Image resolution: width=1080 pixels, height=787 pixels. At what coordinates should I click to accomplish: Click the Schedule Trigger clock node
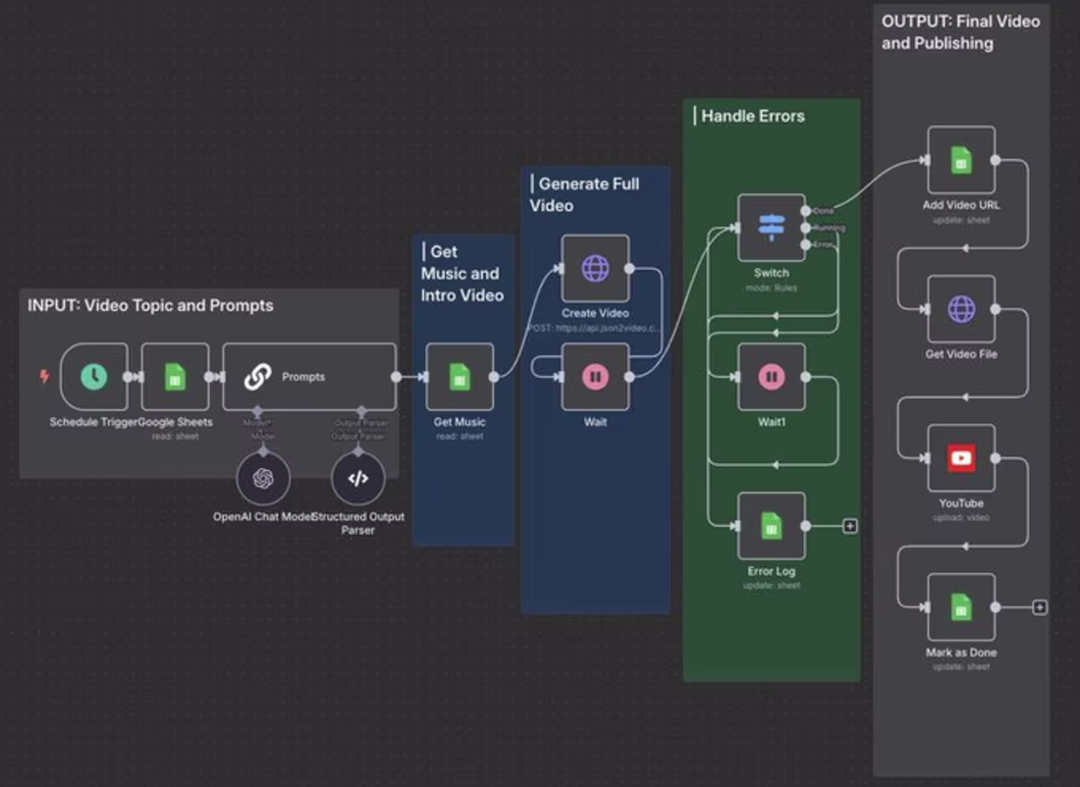(x=94, y=377)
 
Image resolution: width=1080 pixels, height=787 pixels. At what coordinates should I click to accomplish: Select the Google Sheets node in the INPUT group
(x=175, y=377)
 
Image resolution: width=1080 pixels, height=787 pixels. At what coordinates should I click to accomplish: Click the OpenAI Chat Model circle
(x=262, y=479)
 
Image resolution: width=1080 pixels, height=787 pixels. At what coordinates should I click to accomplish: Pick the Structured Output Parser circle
(x=358, y=479)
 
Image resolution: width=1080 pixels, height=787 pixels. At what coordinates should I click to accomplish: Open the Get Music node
(x=459, y=377)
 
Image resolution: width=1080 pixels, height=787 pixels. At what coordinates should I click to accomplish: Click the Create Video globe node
(x=595, y=268)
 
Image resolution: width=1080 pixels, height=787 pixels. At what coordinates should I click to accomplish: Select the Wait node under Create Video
(x=595, y=377)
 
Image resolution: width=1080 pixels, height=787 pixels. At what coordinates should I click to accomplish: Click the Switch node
(x=771, y=228)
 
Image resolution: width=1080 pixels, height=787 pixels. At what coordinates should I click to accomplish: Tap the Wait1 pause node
(x=771, y=377)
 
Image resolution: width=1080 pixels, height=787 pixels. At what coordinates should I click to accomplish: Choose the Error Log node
(x=771, y=526)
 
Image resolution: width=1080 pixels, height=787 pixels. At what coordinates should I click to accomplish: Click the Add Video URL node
(x=961, y=160)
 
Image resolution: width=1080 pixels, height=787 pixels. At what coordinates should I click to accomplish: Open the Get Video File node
(x=961, y=309)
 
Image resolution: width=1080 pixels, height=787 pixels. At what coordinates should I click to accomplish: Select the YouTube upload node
(x=961, y=458)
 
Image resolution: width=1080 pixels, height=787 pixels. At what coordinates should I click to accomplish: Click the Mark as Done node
(x=961, y=607)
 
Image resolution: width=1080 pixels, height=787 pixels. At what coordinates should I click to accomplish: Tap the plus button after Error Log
(x=850, y=526)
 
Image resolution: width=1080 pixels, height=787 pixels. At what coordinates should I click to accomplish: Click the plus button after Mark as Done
(x=1040, y=607)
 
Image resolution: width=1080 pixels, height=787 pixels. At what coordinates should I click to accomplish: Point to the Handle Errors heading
(x=752, y=116)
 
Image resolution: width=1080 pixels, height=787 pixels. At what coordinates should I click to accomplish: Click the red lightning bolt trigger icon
(x=43, y=376)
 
